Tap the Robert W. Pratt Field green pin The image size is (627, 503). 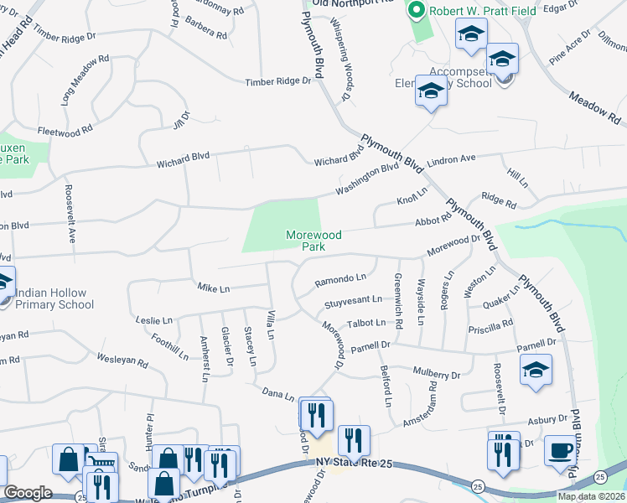pos(414,11)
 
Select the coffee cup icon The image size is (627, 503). pos(560,451)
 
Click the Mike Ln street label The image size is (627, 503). pos(213,288)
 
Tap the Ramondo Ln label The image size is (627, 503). pos(340,277)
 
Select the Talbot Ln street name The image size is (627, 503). pos(368,322)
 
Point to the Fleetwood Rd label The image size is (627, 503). pos(65,131)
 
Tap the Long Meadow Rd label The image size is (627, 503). pos(85,80)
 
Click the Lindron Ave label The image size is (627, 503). pos(451,159)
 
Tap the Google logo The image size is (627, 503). pos(28,493)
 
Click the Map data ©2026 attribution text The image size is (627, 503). pos(592,496)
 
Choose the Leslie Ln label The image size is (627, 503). pos(153,320)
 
